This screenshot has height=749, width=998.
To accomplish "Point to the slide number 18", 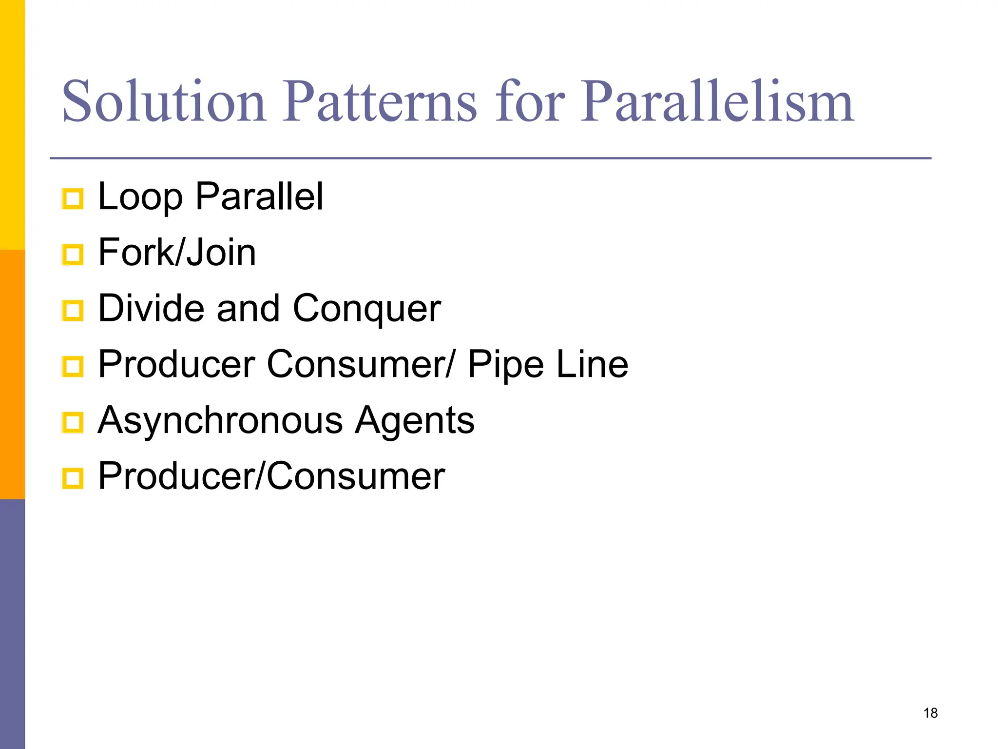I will [930, 713].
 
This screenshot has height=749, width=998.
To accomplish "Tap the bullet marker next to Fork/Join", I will [73, 255].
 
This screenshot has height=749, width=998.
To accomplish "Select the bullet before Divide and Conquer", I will [73, 311].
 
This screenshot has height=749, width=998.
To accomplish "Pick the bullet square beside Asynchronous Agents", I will [73, 422].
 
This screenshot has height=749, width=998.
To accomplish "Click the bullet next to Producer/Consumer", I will [73, 478].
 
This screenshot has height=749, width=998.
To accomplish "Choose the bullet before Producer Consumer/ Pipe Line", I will [73, 367].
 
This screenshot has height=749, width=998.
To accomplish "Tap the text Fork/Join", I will [177, 253].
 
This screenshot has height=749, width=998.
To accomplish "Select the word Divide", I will [151, 309].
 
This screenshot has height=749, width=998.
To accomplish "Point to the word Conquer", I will [367, 309].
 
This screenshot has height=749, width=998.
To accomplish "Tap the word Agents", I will [415, 420].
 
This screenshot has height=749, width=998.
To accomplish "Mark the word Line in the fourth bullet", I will [593, 365].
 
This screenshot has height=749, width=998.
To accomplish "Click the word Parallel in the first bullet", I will [259, 197].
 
